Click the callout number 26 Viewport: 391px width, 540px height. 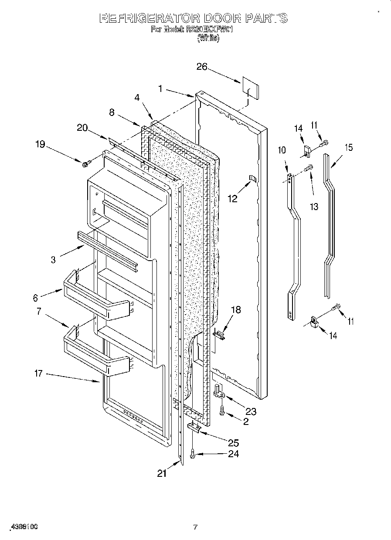tap(201, 67)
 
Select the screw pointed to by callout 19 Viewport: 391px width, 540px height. tap(86, 163)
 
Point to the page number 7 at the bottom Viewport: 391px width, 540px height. tap(195, 527)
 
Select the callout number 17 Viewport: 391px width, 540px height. tap(39, 374)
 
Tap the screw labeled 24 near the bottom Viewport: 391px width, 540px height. tap(193, 455)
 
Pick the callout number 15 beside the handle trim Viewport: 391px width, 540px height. tap(348, 148)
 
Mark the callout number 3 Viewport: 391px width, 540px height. tap(53, 260)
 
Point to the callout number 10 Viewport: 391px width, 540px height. tap(282, 150)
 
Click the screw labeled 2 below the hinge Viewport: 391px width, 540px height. tap(222, 410)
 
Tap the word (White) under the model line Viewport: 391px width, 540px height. tap(208, 38)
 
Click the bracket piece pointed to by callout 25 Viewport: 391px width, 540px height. tap(194, 428)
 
